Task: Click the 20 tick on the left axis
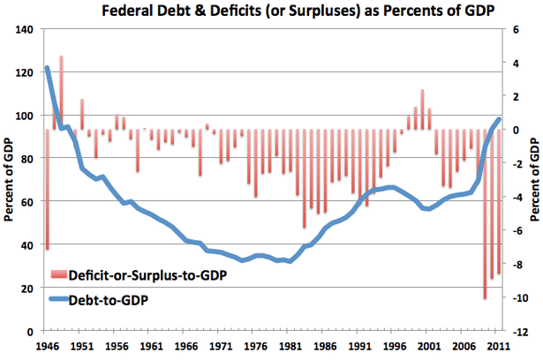26,288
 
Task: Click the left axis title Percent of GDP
9,180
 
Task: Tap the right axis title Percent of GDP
535,180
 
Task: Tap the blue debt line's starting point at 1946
47,68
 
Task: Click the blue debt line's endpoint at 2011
500,119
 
